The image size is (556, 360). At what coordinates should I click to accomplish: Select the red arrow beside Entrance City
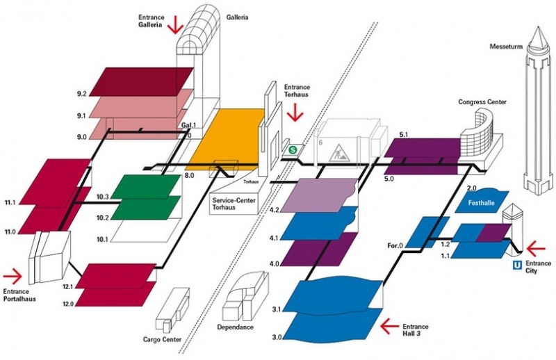(538, 247)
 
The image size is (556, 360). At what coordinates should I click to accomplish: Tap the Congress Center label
(482, 102)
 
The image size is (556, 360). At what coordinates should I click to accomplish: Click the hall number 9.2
(81, 93)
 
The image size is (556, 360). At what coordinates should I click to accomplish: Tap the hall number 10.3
(103, 197)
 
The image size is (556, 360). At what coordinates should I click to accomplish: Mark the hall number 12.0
(68, 304)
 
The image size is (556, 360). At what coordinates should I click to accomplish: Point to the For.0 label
(395, 244)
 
